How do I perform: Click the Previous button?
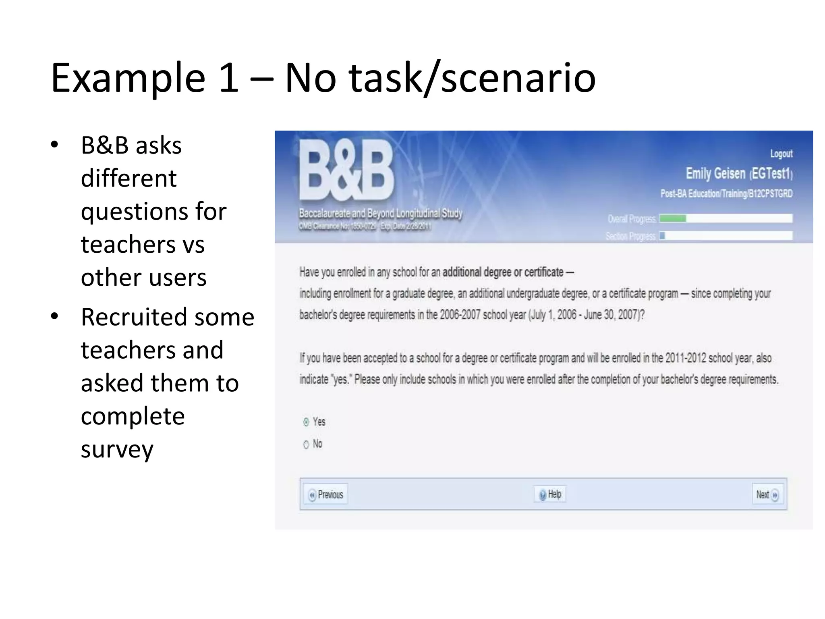click(326, 494)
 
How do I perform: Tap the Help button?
click(550, 494)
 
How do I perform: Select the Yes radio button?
click(306, 422)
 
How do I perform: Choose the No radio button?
click(306, 444)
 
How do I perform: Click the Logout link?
click(781, 154)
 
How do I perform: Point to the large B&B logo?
click(346, 171)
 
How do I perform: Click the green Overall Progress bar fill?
click(673, 218)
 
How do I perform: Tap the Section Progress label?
click(630, 236)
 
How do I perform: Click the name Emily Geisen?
click(715, 173)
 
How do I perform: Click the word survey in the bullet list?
click(117, 449)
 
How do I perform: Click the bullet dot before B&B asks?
click(54, 145)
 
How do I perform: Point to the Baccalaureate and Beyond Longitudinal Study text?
click(380, 213)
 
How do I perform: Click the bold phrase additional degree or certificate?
click(503, 272)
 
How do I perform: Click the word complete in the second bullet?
click(133, 416)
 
